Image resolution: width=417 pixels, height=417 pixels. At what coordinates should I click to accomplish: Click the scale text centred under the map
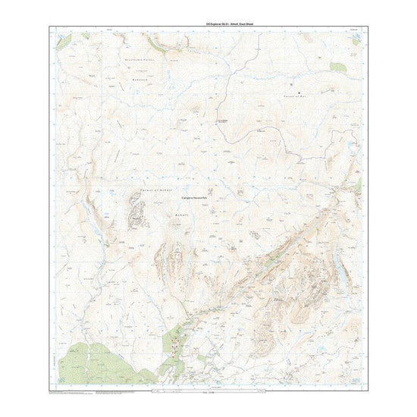coord(208,396)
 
